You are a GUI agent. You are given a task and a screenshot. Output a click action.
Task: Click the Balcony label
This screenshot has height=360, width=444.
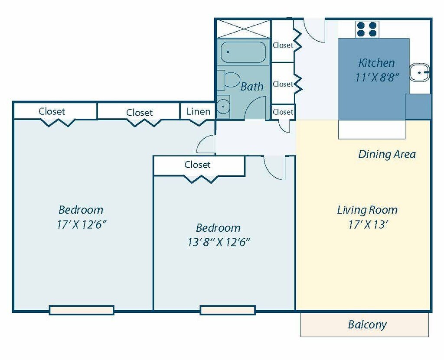(367, 324)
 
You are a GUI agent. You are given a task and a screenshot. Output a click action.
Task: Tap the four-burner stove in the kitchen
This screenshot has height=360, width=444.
(367, 29)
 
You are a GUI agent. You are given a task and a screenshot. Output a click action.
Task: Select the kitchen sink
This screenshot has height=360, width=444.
(420, 72)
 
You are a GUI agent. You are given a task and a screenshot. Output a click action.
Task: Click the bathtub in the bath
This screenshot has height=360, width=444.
(243, 52)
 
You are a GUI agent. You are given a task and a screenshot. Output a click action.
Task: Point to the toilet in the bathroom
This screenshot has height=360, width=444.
(229, 80)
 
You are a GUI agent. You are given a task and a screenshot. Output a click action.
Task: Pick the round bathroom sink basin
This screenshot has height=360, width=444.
(223, 107)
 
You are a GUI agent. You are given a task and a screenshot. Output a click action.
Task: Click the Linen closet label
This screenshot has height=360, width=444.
(198, 111)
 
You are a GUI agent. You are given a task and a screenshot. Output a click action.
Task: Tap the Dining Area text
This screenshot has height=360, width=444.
(387, 154)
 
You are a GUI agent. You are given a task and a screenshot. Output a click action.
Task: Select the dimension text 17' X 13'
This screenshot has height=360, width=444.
(368, 225)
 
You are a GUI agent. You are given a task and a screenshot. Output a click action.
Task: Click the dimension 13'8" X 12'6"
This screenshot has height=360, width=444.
(219, 242)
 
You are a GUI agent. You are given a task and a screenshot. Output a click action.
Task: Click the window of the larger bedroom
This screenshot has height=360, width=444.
(82, 310)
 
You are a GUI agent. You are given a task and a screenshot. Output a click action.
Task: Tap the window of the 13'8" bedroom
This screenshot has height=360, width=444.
(228, 310)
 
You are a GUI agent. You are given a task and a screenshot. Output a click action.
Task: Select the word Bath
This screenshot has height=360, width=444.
(252, 86)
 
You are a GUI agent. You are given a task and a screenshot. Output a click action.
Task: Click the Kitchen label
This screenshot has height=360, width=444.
(376, 63)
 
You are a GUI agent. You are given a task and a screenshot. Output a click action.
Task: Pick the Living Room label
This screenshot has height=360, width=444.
(367, 210)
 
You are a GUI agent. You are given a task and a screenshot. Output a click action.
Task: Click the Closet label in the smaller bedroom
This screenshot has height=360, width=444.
(197, 165)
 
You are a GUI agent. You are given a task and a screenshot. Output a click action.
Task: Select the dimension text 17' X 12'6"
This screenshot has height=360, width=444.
(82, 225)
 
